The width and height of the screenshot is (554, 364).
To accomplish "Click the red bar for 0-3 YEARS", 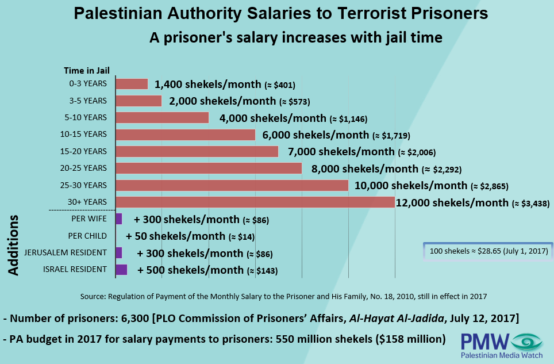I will point(132,84).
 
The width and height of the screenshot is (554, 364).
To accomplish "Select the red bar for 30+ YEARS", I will point(255,202).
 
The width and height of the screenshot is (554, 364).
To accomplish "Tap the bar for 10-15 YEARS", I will point(185,135).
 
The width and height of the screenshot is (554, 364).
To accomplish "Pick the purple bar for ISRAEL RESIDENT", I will point(121,270).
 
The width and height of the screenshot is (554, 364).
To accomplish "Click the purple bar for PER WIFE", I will point(119,219).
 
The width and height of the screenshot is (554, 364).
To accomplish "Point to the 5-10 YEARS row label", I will point(87,118).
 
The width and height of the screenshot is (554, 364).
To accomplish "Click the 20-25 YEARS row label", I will point(87,168).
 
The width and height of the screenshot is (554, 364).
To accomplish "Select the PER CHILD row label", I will point(87,236).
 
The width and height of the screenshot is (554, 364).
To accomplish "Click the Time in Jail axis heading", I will point(86,71).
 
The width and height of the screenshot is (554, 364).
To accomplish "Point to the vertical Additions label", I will point(15,246).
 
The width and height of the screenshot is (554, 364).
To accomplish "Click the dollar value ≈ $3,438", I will point(526,203).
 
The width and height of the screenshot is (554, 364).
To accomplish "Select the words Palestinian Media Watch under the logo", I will point(502,357).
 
